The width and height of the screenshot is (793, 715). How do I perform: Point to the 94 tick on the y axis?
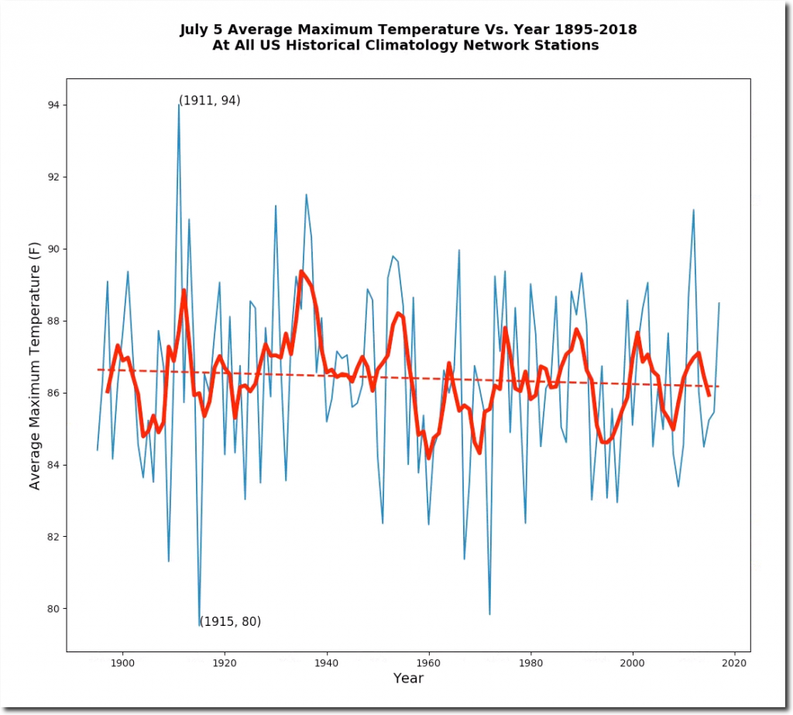click(67, 105)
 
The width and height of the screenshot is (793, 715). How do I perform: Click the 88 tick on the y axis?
click(67, 321)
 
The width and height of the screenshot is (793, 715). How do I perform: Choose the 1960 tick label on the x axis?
click(428, 664)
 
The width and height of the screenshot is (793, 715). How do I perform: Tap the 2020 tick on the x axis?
click(735, 651)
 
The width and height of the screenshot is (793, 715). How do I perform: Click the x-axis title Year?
click(408, 679)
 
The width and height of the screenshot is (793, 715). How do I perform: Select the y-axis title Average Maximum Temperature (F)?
click(35, 364)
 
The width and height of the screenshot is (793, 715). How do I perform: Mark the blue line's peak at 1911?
click(179, 105)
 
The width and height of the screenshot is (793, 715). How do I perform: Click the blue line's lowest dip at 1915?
click(199, 624)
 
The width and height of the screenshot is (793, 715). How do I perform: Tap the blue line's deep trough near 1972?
click(490, 614)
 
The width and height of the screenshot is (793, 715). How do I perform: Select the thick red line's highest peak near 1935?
click(301, 272)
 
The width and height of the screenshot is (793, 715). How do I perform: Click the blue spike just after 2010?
click(694, 210)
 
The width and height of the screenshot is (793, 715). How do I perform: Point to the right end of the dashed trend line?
click(719, 386)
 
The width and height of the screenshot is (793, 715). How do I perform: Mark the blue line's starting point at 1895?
click(98, 450)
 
